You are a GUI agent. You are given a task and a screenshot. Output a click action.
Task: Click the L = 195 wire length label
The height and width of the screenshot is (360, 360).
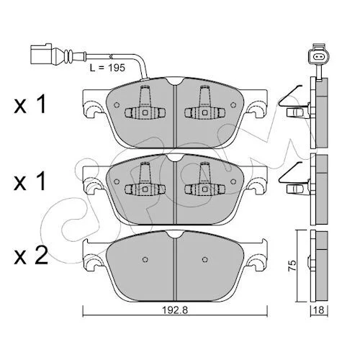click(x=107, y=68)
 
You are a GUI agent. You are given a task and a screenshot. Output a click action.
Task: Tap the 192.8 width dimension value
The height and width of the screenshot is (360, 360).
click(x=175, y=310)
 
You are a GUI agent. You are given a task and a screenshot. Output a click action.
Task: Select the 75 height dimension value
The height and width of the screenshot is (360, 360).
click(x=292, y=266)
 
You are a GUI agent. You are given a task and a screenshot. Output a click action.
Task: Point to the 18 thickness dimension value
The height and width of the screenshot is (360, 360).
click(x=319, y=310)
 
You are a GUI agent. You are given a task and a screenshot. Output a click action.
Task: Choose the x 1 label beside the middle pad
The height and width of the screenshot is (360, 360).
click(x=30, y=181)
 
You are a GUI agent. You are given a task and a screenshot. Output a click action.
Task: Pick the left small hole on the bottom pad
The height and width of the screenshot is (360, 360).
click(x=145, y=259)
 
